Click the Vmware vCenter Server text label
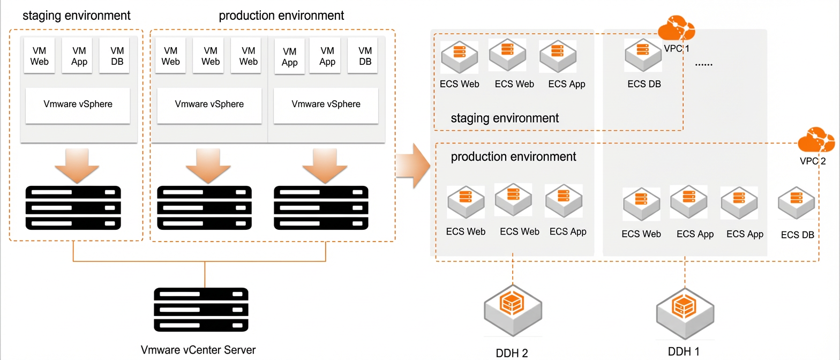pos(198,350)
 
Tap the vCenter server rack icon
pos(201,310)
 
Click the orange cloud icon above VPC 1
pos(677,27)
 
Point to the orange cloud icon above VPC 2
pos(816,139)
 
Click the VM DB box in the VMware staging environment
pos(115,56)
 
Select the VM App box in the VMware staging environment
pos(77,56)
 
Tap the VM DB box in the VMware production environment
pos(363,56)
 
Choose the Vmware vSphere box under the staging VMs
pos(78,106)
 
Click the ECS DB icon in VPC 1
pos(643,56)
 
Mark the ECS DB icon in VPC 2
pos(796,203)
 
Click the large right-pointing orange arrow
pos(413,166)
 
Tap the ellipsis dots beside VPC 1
pos(703,65)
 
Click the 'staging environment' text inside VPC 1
pos(505,118)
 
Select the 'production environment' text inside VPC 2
pos(513,156)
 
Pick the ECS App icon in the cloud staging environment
pos(558,56)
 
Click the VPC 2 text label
pos(813,161)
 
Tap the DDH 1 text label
pos(684,351)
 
